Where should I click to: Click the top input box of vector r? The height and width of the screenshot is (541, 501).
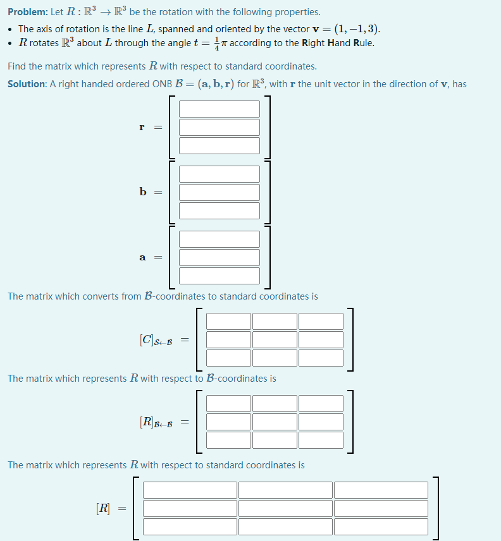pos(220,109)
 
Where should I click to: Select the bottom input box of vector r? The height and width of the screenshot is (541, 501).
pos(220,145)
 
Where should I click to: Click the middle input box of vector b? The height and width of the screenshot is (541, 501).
pos(220,192)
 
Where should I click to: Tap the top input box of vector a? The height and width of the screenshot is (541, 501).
pos(220,239)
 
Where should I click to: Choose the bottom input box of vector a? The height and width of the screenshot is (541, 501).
pos(220,276)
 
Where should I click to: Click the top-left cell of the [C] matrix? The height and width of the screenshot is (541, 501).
pos(228,321)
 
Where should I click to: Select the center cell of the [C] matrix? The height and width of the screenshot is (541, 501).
pos(275,339)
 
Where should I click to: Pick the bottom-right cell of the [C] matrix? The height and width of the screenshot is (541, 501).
pos(321,358)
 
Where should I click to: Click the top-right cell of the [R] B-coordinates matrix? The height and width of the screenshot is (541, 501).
pos(321,403)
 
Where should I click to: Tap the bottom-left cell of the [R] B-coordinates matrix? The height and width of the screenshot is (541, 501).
pos(228,440)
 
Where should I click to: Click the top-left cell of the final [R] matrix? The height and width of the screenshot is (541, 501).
pos(190,490)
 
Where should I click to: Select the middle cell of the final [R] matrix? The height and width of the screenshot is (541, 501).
pos(285,508)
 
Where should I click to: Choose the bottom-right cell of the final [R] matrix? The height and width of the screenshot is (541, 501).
pos(381,526)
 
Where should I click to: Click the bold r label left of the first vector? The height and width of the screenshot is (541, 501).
pos(142,127)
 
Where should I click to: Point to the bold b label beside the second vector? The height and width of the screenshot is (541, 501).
pos(142,192)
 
